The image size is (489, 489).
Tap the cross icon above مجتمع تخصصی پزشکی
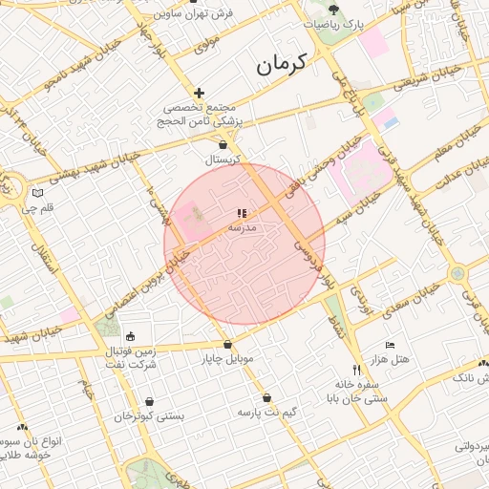pos(199,93)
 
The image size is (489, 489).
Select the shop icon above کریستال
pos(223,144)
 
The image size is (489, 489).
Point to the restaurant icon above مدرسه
pos(241,214)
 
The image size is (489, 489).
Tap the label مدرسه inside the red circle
pos(242,228)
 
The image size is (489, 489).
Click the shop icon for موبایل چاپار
pos(227,345)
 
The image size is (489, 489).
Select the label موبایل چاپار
pos(226,359)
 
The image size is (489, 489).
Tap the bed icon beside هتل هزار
pos(389,344)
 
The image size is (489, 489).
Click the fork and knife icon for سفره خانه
pos(356,369)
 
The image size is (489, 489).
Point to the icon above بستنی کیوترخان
pos(150,402)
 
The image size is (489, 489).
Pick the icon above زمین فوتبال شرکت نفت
pos(130,336)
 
